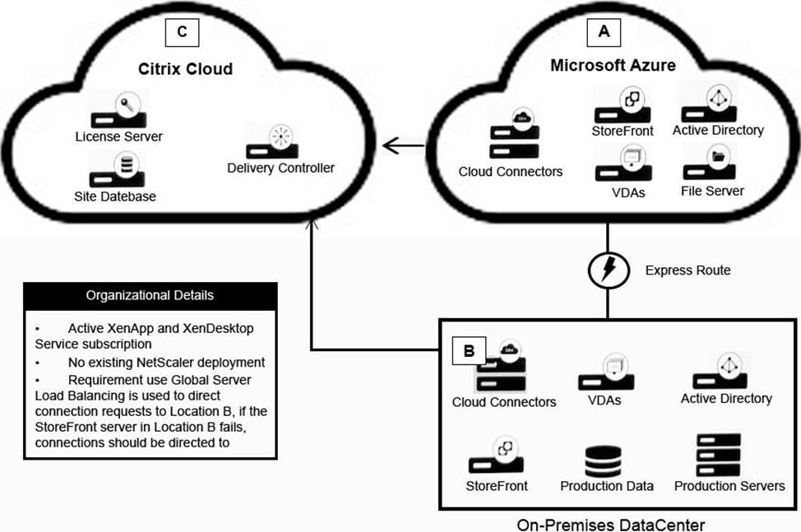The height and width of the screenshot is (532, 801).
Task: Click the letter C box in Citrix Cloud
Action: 182,32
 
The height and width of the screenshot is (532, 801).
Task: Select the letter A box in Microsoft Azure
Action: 604,31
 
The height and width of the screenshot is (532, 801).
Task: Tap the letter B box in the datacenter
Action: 469,350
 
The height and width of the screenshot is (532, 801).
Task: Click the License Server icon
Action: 119,110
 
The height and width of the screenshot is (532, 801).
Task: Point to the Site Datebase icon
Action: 117,170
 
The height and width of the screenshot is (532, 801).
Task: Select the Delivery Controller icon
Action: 273,141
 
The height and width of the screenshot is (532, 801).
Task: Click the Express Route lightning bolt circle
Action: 608,270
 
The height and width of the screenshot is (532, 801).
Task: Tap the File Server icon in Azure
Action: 710,162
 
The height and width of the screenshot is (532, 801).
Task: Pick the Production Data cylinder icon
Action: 604,461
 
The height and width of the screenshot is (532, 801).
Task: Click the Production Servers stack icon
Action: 718,455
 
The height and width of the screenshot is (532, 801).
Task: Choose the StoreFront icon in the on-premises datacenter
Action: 497,455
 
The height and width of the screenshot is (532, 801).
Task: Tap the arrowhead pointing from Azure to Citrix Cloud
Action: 391,146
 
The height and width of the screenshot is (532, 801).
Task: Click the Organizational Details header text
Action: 150,295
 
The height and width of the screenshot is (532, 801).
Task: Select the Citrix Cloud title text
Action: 185,69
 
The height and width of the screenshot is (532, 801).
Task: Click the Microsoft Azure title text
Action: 613,65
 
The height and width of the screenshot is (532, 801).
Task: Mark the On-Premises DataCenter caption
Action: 611,525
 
